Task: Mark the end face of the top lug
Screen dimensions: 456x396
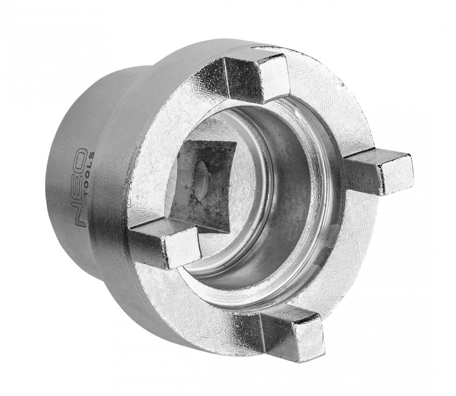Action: pyautogui.click(x=273, y=73)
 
